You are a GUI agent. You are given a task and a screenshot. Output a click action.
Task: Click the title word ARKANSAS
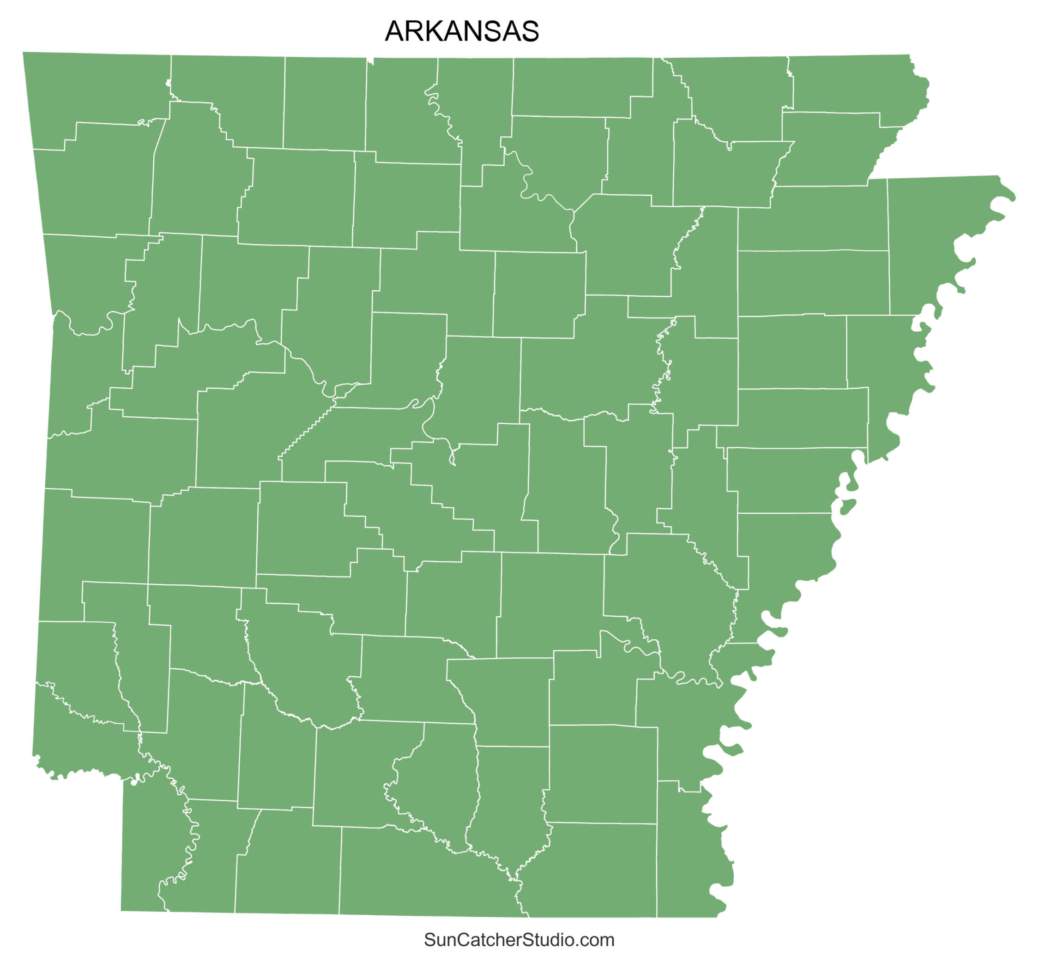click(x=461, y=31)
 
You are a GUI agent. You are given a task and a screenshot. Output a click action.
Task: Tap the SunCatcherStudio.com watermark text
click(x=519, y=940)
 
